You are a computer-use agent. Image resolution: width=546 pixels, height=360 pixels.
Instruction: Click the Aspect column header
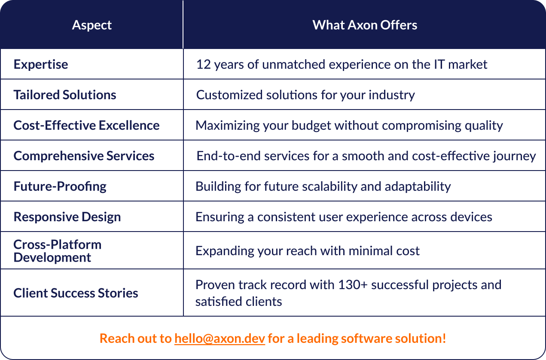[x=92, y=25]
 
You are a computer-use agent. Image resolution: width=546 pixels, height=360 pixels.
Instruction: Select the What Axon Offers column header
[x=365, y=25]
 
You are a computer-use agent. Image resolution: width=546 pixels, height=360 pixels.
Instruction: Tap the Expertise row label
[x=41, y=64]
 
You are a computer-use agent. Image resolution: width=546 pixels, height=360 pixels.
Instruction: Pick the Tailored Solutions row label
[x=65, y=95]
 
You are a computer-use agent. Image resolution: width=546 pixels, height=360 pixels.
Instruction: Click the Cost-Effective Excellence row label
[x=86, y=125]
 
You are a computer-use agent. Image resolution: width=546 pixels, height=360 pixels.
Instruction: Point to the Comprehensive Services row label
[x=84, y=156]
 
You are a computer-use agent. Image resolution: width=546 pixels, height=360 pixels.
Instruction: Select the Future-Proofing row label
[x=60, y=186]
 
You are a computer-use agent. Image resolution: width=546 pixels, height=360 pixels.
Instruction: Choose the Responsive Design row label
[x=67, y=217]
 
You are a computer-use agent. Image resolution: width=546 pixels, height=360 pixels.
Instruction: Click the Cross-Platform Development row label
[x=57, y=251]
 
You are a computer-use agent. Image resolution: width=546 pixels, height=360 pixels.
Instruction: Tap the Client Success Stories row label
[x=76, y=293]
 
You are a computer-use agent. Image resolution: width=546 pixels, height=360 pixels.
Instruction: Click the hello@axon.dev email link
[x=220, y=339]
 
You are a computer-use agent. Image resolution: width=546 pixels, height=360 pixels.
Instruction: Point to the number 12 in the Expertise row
[x=203, y=64]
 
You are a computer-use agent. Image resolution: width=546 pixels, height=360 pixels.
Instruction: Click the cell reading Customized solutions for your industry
[x=305, y=95]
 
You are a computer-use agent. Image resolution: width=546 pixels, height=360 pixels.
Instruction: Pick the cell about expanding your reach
[x=307, y=251]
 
